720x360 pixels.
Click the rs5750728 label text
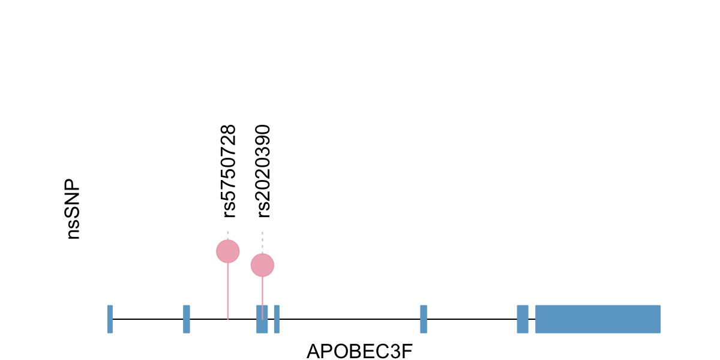tap(229, 171)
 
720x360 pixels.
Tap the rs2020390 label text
tap(263, 171)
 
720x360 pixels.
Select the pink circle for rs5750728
tap(228, 251)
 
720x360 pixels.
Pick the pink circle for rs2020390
tap(262, 265)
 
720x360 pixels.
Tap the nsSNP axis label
tap(73, 209)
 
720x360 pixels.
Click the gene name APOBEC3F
tap(360, 351)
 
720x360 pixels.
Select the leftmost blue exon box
tap(110, 319)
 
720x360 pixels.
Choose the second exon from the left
tap(187, 319)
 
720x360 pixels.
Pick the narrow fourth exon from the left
tap(277, 319)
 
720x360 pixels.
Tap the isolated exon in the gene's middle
tap(424, 319)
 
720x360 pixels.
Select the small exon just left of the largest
tap(523, 319)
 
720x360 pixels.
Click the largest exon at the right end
tap(598, 319)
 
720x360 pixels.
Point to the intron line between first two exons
tap(148, 319)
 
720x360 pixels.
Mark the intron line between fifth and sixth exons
tap(472, 319)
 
